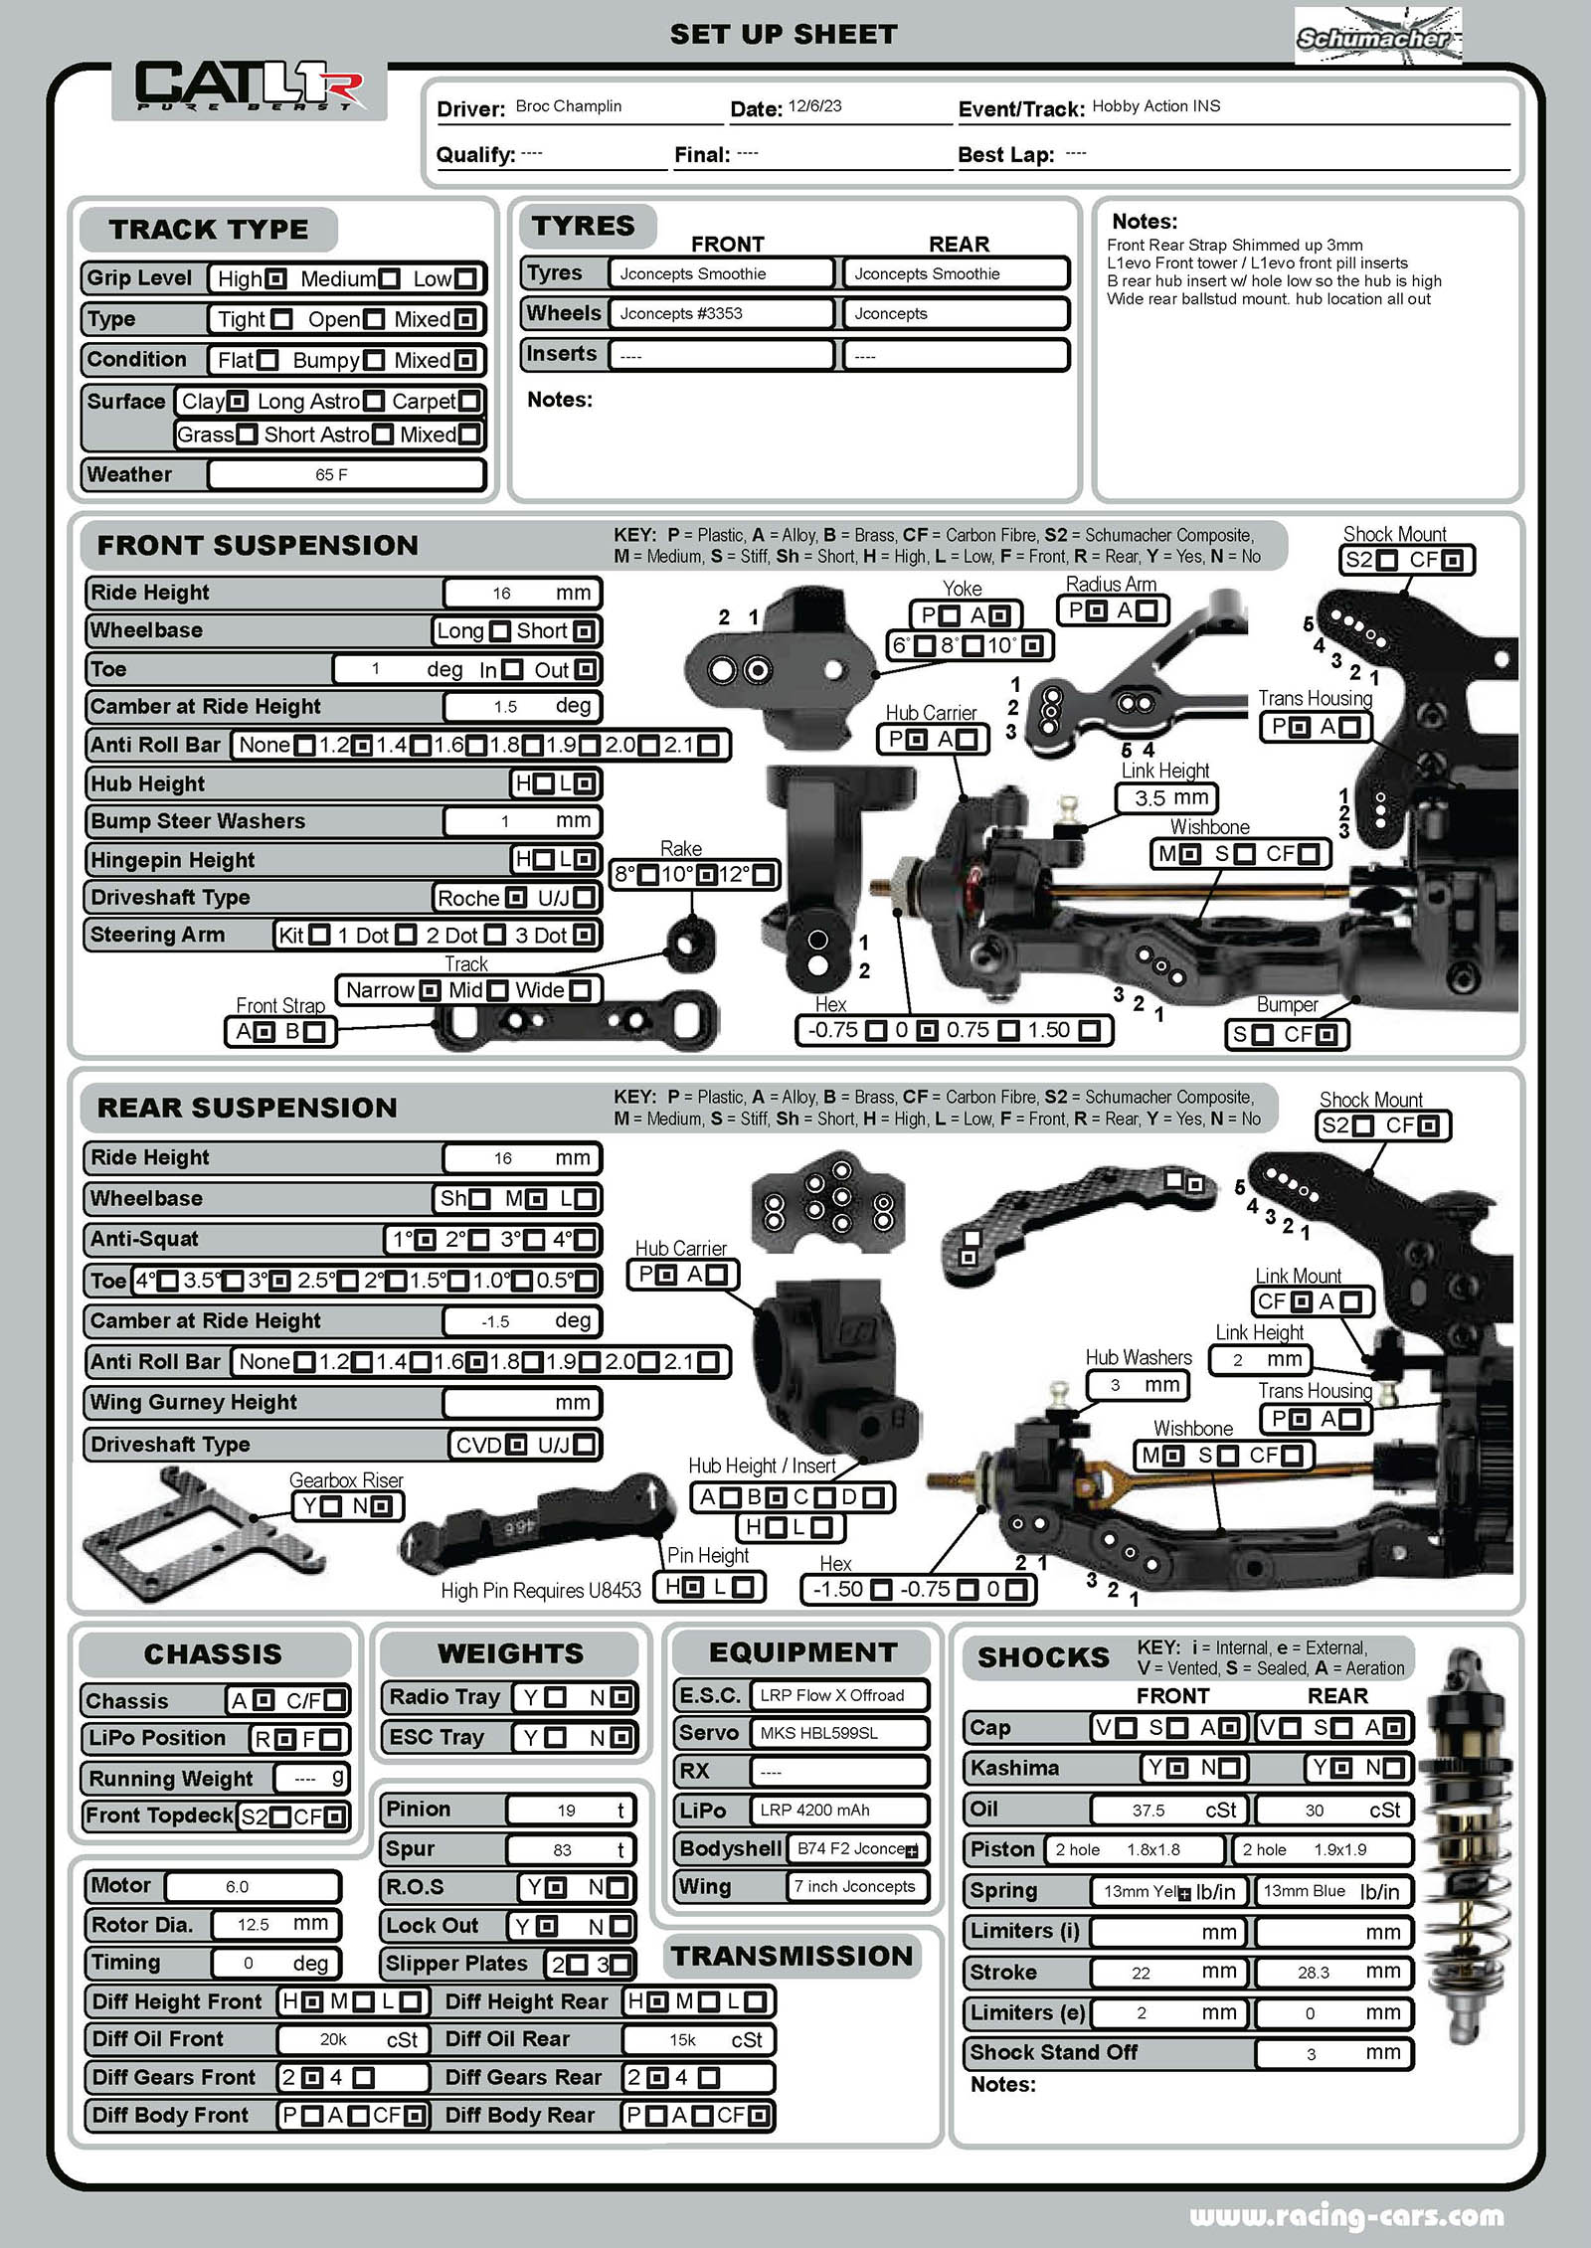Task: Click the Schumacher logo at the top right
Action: point(1377,36)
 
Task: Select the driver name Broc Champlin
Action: point(568,106)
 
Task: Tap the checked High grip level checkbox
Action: point(277,279)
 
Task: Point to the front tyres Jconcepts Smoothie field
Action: point(724,273)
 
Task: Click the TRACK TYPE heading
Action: point(209,230)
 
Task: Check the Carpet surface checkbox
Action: point(468,402)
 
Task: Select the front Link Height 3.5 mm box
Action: point(1165,797)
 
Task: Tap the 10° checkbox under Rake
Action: point(706,875)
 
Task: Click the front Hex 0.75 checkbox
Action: point(1008,1031)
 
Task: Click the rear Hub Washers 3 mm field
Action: point(1136,1385)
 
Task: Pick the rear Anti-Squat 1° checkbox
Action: point(425,1240)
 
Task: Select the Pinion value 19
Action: point(567,1810)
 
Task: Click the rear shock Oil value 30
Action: point(1314,1810)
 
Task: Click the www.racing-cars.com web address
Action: point(1346,2215)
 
